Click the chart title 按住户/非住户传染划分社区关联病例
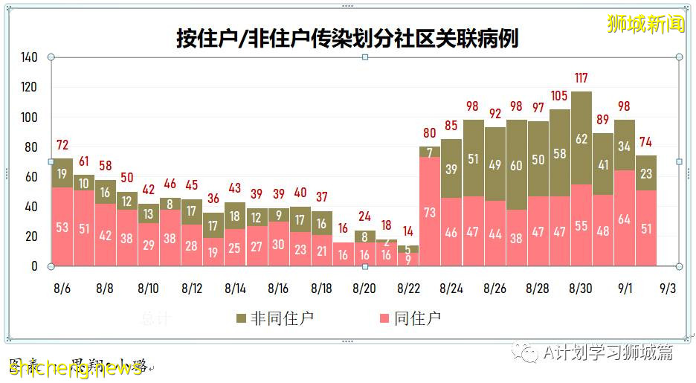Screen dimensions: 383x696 click(x=347, y=38)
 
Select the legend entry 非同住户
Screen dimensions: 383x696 click(x=272, y=318)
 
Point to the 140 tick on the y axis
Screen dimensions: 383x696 click(x=29, y=57)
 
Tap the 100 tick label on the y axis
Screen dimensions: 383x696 click(x=29, y=118)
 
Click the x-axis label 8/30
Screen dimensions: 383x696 click(x=581, y=288)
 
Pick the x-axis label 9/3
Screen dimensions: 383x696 click(x=667, y=288)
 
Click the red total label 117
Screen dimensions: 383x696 click(x=581, y=77)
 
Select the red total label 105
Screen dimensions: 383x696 click(x=559, y=95)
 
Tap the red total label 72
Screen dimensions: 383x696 click(x=62, y=144)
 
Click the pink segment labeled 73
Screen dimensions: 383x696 click(x=430, y=212)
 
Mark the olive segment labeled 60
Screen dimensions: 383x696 click(x=516, y=166)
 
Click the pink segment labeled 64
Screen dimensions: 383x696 click(x=625, y=219)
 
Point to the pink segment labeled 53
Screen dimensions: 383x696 click(x=62, y=227)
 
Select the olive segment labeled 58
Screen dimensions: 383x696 click(x=559, y=153)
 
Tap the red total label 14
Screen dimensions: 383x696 click(x=407, y=231)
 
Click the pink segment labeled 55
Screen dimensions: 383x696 click(x=581, y=225)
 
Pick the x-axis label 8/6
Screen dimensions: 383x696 click(x=62, y=288)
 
